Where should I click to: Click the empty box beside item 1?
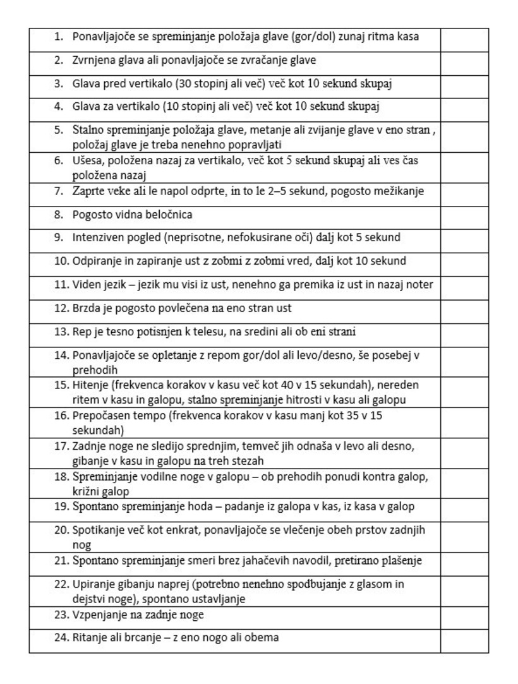click(464, 37)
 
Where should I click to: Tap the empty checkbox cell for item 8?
click(464, 215)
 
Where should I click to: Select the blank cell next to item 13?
click(464, 332)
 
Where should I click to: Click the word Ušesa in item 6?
click(86, 160)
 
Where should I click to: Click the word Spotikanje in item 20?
click(97, 530)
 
